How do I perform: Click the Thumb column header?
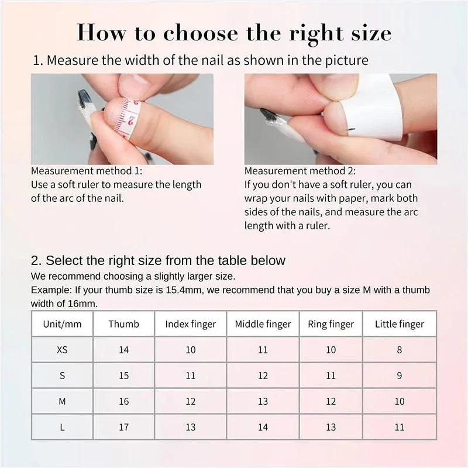pos(123,324)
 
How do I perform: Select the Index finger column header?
pos(191,324)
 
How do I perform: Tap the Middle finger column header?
pos(263,324)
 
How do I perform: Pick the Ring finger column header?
pos(331,324)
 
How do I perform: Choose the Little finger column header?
pos(400,324)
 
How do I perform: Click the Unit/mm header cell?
pos(62,324)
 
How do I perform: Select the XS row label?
pos(62,350)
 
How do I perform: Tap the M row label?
pos(62,401)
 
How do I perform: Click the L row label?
pos(62,427)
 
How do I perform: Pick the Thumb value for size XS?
pos(123,350)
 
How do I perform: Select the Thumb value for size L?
pos(123,427)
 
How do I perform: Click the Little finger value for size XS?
pos(400,350)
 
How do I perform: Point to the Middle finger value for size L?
pos(263,427)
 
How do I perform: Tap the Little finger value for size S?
pos(400,376)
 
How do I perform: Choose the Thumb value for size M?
pos(123,401)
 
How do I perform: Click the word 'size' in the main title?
pos(369,33)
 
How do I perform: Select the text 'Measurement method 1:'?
pos(86,171)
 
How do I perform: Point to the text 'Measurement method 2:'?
pos(300,171)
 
